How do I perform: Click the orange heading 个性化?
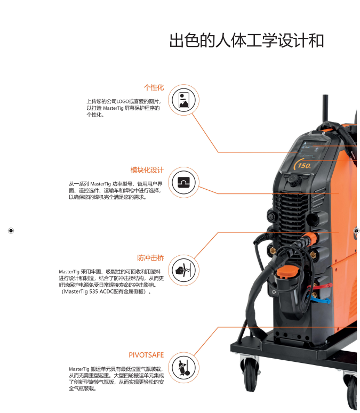154,87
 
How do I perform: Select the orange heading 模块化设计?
147,170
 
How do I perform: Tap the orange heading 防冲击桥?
150,257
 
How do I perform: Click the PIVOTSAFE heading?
146,355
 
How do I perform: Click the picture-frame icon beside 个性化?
183,100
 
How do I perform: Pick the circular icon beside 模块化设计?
183,182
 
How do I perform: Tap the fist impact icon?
183,270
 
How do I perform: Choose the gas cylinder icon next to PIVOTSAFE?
183,368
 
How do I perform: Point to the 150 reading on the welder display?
304,165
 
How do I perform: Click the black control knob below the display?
294,181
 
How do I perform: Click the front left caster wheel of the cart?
250,374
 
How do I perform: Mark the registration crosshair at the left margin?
11,231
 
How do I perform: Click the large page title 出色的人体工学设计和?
246,41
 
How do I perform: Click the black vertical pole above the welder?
325,109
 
